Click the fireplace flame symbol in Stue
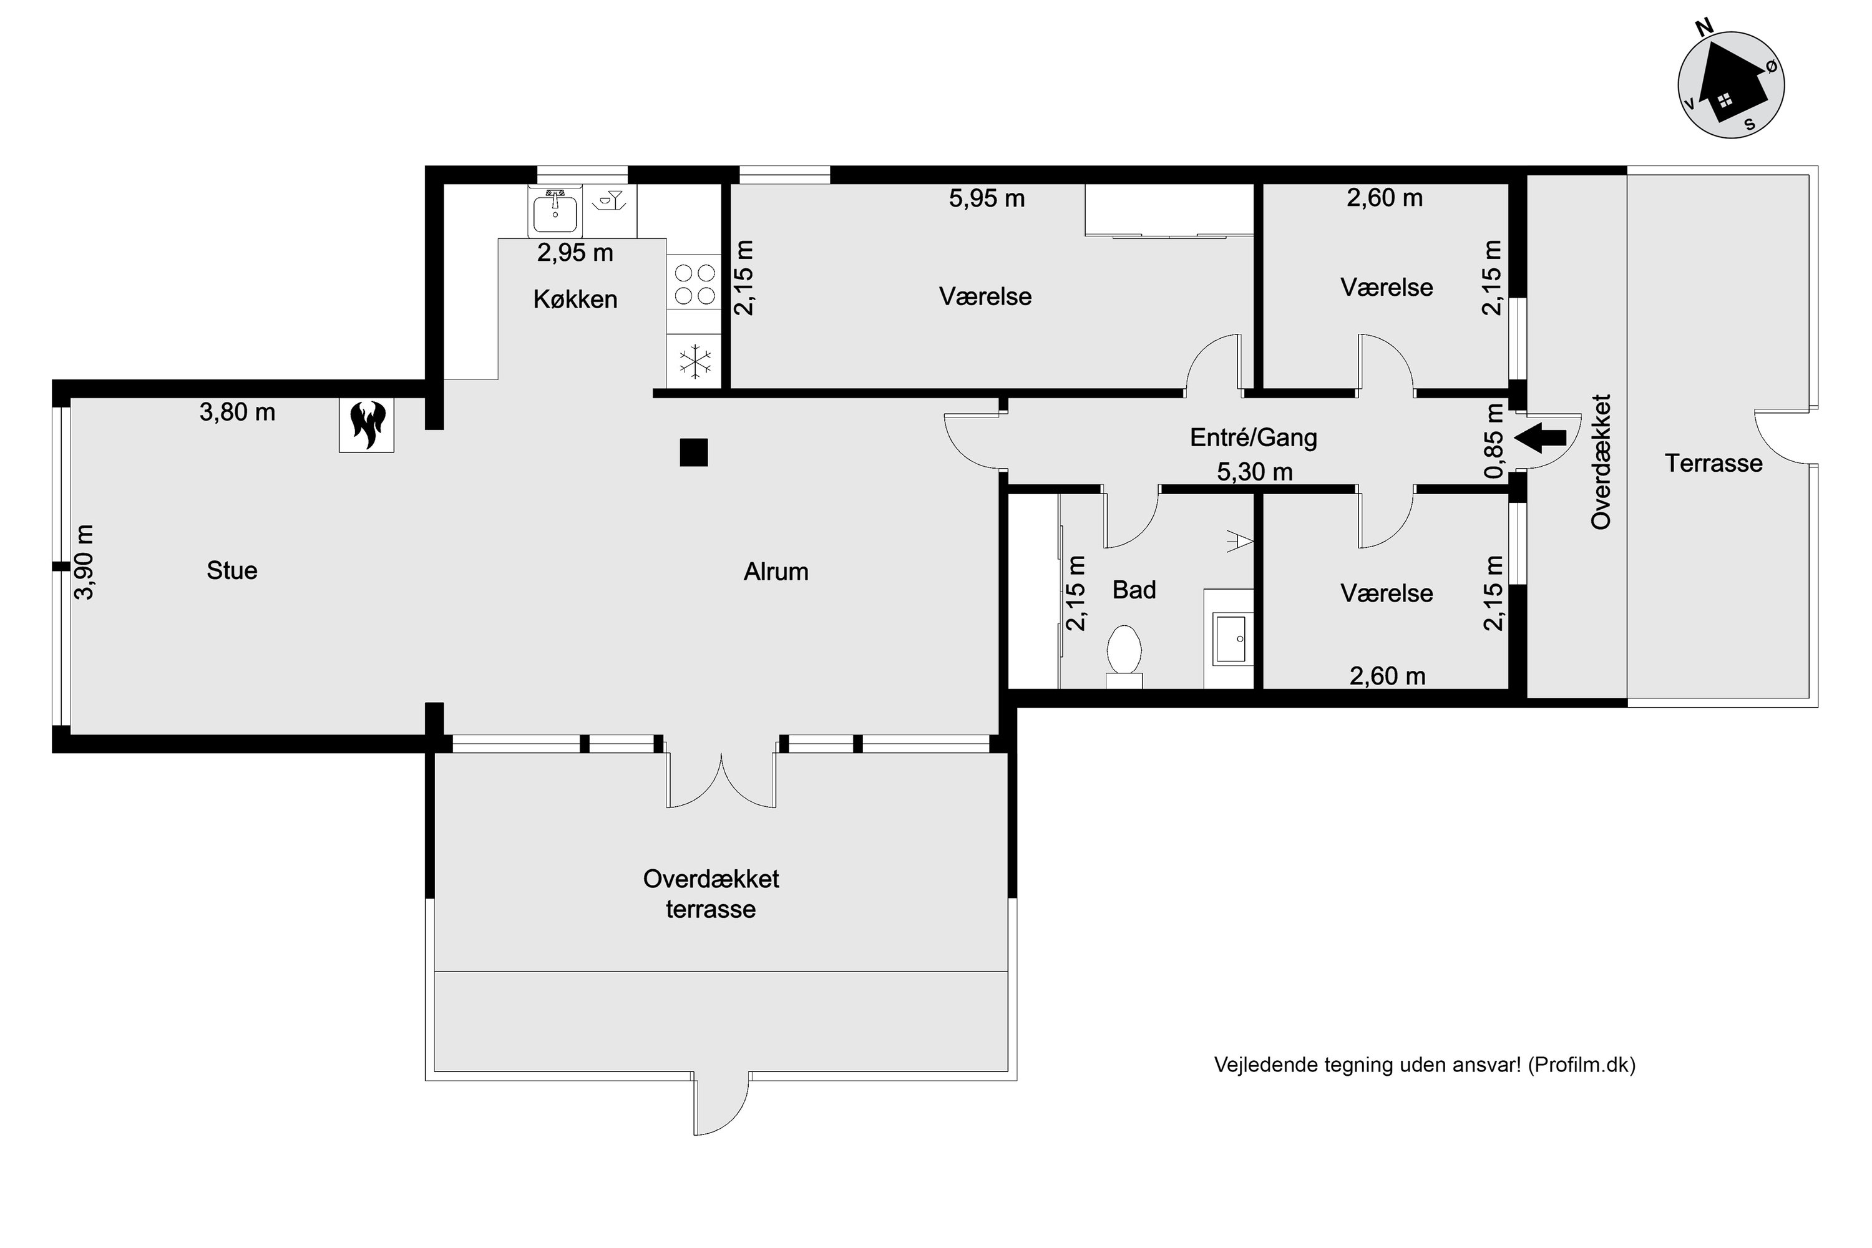[366, 425]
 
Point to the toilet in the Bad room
[1124, 651]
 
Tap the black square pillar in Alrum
[693, 452]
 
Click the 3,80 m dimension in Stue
[237, 412]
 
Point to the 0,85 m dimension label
[1494, 442]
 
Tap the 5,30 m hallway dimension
[1254, 472]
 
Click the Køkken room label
[575, 300]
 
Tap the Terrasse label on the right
[1713, 463]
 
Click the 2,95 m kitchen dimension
[575, 253]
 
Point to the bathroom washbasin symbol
[1232, 638]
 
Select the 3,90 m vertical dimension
[84, 562]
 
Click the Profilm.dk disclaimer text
[1424, 1065]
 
